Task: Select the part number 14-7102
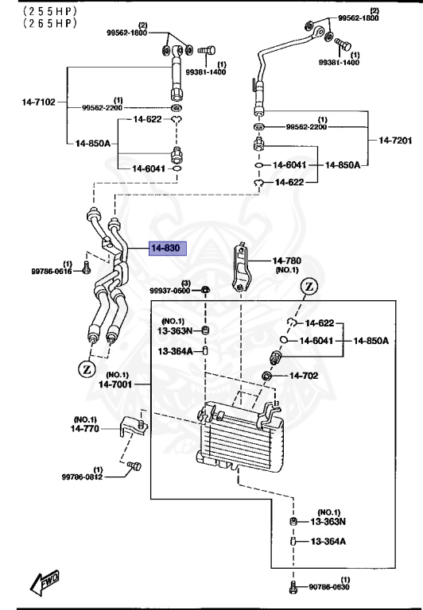[38, 102]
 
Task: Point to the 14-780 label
[288, 261]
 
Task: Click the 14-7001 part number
[114, 384]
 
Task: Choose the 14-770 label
[86, 427]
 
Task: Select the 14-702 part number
[304, 375]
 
